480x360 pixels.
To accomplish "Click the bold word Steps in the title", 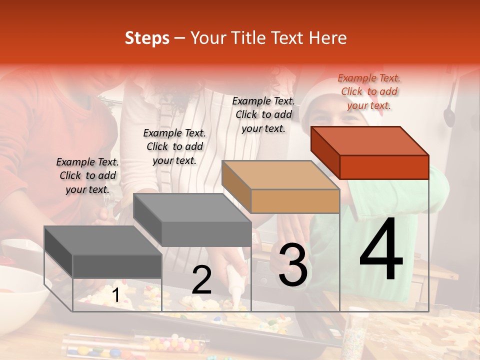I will click(147, 38).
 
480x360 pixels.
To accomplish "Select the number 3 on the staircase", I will click(292, 265).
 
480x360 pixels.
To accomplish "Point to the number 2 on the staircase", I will click(201, 280).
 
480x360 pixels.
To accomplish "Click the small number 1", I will click(115, 295).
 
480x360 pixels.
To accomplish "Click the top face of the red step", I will click(370, 140).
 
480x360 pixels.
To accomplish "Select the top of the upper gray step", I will click(192, 207).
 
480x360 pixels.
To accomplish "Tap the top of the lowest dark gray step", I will click(103, 240).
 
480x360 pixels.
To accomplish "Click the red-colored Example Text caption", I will click(369, 91).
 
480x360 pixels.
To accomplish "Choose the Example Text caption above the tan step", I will click(263, 114).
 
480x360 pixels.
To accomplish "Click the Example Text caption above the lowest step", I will click(87, 175).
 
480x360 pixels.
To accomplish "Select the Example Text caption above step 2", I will click(174, 146).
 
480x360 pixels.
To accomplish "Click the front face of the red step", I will click(384, 167).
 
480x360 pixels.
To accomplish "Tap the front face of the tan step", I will click(295, 201).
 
